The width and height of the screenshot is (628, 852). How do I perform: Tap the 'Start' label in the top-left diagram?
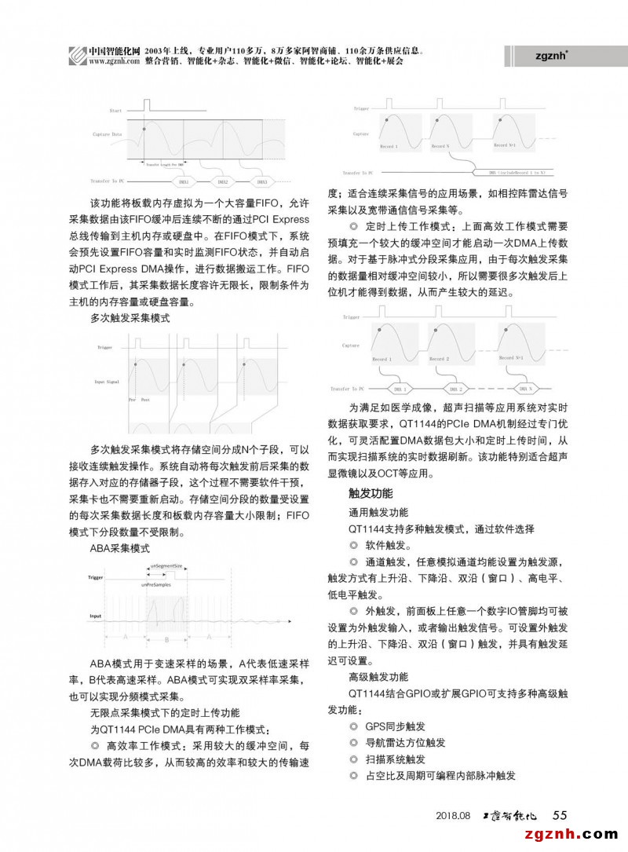[116, 111]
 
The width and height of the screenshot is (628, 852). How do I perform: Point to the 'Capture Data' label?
[108, 134]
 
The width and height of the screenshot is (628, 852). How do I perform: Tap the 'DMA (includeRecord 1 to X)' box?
[517, 170]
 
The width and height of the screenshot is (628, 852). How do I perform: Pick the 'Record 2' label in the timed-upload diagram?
[439, 359]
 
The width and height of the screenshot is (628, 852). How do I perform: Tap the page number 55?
[560, 814]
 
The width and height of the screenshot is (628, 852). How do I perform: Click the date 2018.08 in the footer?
[453, 815]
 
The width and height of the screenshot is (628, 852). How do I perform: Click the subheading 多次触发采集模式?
[130, 318]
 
